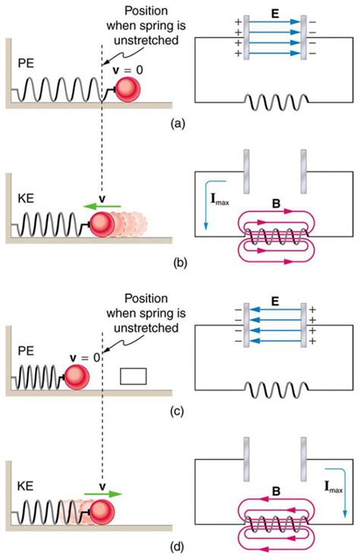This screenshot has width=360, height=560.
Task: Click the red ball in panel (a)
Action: point(130,88)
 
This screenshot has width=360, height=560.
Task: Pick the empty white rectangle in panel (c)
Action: point(133,375)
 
